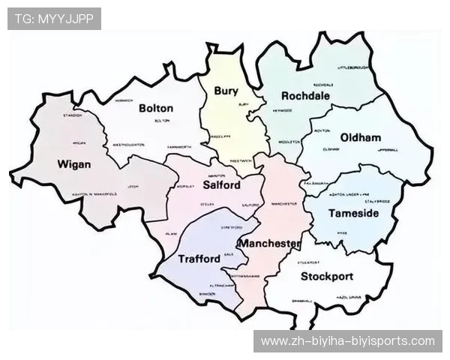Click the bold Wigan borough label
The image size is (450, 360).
(74, 164)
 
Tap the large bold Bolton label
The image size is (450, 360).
(156, 108)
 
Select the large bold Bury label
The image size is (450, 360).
(226, 91)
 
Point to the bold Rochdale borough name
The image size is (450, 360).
(306, 96)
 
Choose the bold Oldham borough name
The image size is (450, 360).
(361, 138)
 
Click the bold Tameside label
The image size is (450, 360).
(354, 214)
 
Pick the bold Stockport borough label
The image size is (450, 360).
(327, 277)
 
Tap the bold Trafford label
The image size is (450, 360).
(199, 259)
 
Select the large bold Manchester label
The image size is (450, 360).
(269, 244)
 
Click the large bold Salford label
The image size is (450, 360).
(222, 185)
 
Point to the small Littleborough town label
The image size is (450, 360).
(353, 67)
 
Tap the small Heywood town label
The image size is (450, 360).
(283, 110)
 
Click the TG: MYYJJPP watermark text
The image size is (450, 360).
(54, 19)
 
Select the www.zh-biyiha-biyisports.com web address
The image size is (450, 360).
(347, 341)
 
